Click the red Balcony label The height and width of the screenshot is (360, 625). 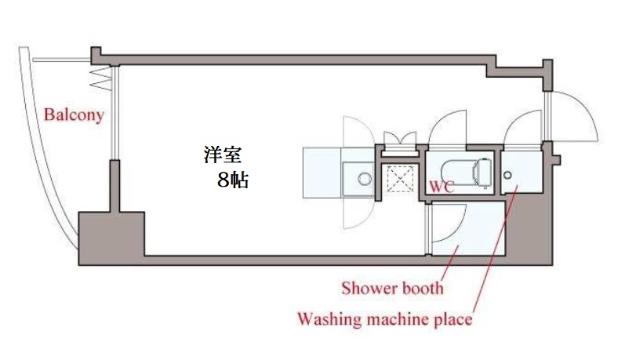coord(73,115)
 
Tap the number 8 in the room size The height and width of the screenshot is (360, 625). coord(223,180)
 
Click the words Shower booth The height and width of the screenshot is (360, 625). coord(392,288)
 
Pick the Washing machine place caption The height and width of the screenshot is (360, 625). coord(383,319)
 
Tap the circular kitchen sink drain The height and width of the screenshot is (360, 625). coord(365,178)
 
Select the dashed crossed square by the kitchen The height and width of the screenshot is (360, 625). coord(402,180)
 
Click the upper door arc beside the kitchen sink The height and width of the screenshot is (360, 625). coord(355,130)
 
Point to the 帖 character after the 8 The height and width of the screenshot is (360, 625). coord(241,180)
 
